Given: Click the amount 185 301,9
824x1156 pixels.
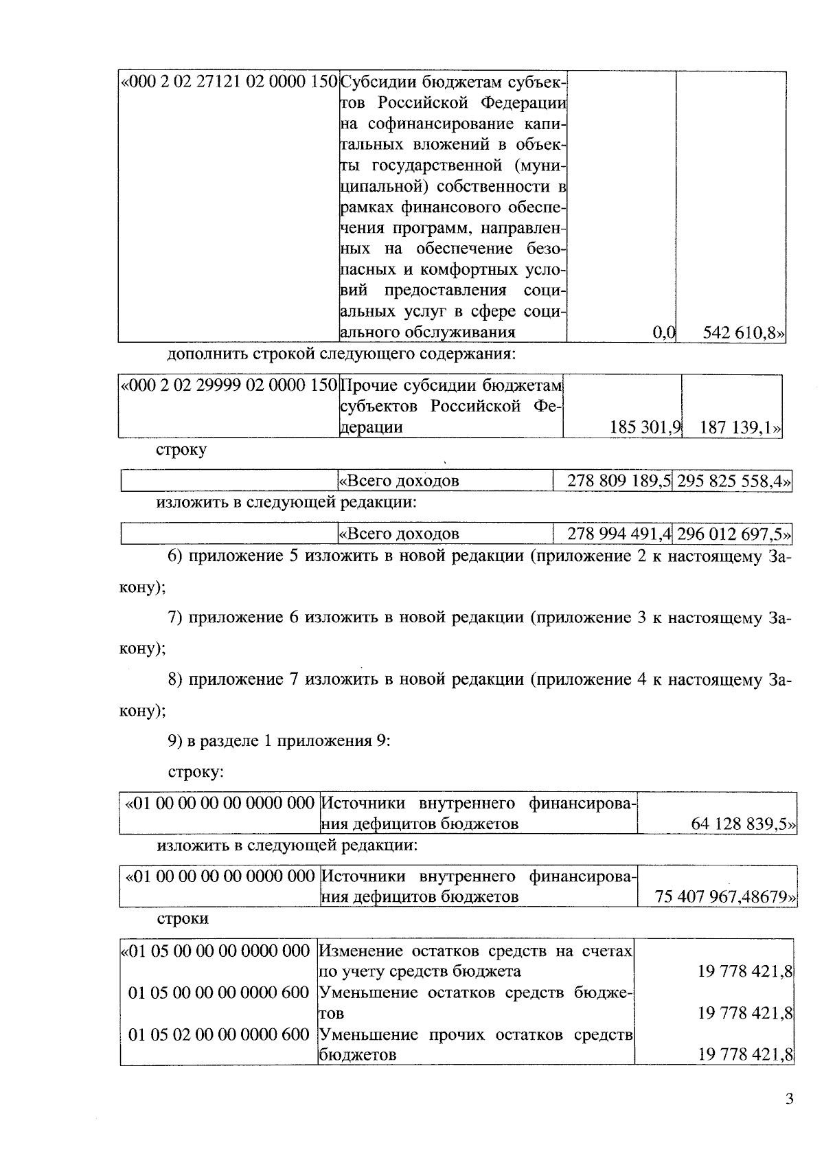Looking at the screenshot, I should (x=644, y=427).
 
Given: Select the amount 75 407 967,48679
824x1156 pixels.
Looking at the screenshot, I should (x=725, y=897).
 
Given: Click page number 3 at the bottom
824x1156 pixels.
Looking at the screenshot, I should (x=789, y=1099).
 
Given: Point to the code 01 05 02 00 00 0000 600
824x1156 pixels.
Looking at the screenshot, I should (x=219, y=1034).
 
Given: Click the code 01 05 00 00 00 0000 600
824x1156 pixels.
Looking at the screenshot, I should (x=219, y=993).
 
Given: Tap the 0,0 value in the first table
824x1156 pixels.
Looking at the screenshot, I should (x=663, y=333).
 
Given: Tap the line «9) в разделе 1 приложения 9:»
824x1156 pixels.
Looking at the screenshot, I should (x=279, y=741).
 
